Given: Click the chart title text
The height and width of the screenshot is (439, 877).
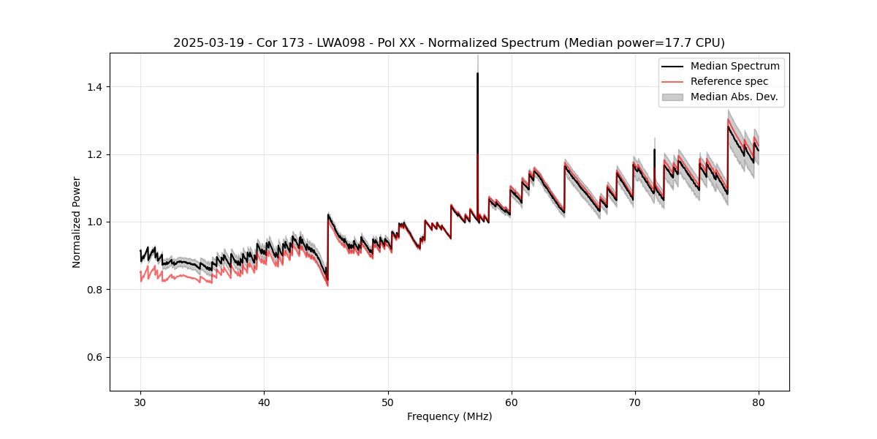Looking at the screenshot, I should (x=449, y=43).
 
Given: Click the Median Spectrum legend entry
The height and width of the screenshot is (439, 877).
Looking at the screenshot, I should (x=734, y=66).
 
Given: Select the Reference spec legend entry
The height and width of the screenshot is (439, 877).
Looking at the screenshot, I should (x=729, y=81).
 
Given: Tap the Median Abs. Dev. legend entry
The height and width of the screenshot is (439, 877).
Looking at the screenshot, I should (x=734, y=97).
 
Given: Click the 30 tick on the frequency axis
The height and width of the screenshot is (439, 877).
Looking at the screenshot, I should (x=140, y=402).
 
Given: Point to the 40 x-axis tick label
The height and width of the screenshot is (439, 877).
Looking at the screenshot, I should (x=264, y=402).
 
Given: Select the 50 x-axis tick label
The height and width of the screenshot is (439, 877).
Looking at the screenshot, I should (x=388, y=402).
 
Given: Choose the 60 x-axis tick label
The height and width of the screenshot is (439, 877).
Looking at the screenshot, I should (x=512, y=402).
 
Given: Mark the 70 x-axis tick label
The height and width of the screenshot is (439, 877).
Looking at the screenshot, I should (x=635, y=402).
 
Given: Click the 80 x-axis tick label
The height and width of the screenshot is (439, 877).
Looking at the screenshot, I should (x=759, y=402).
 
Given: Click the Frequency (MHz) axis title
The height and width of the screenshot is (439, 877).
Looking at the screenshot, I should (x=449, y=416).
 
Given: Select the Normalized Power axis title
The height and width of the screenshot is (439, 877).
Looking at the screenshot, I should (x=77, y=222).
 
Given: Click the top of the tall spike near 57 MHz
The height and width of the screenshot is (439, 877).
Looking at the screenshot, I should (x=477, y=73).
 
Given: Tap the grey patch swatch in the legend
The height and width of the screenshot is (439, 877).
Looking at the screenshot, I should (x=672, y=97).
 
